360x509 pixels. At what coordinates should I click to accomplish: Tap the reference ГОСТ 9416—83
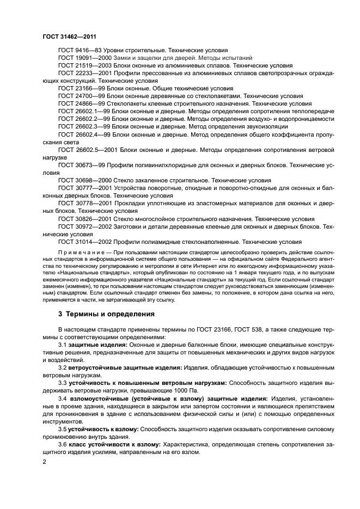80,50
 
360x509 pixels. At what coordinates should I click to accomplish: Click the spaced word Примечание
81,253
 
